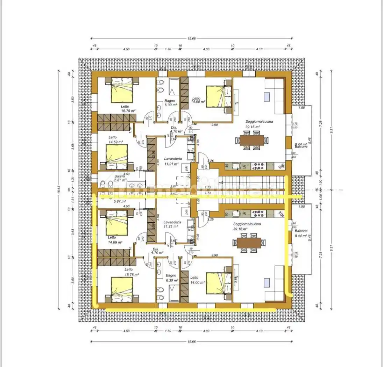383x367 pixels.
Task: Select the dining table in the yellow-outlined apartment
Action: point(249,243)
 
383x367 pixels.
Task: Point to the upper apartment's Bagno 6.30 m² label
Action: point(170,103)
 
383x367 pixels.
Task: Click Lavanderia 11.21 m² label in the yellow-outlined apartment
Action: point(172,224)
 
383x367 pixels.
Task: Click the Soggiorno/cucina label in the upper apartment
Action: point(259,124)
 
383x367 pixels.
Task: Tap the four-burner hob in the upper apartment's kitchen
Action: point(259,165)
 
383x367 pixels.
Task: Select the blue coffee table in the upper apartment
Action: point(268,96)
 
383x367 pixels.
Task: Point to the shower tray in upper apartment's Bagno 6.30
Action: point(174,89)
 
